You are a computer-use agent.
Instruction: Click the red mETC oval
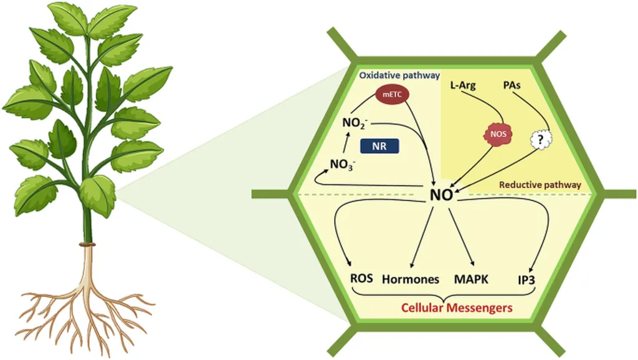click(389, 98)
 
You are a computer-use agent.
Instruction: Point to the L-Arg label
click(462, 85)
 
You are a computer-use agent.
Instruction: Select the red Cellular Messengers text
click(448, 308)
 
